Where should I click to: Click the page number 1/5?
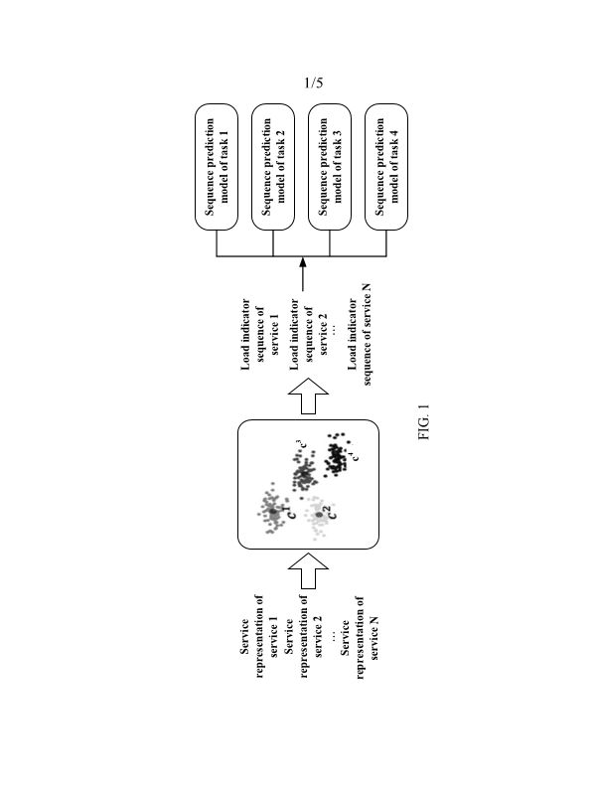[x=313, y=83]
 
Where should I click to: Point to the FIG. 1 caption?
[x=424, y=424]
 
